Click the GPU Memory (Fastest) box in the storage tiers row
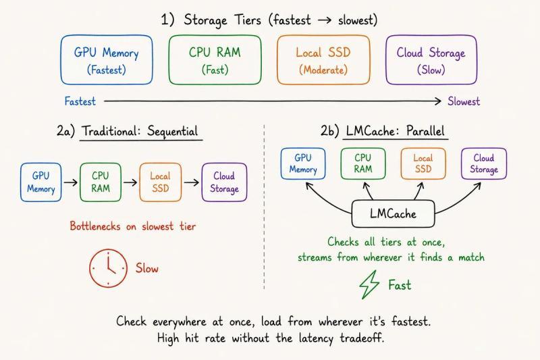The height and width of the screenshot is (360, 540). [107, 60]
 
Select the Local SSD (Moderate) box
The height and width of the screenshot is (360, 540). [323, 60]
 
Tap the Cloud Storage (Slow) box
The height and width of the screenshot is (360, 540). [431, 60]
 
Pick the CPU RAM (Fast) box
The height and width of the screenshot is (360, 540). [215, 60]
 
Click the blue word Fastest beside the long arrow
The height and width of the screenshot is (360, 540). [80, 101]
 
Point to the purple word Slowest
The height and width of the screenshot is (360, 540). [464, 101]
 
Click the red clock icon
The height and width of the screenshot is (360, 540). [108, 268]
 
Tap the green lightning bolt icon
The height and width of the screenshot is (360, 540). [369, 284]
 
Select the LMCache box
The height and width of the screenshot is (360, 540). [393, 213]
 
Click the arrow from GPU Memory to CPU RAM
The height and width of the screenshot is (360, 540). [71, 182]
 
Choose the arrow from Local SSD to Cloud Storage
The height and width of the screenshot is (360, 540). [192, 182]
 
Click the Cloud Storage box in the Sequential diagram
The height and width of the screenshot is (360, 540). [224, 182]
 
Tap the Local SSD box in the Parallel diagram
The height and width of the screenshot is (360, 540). [423, 163]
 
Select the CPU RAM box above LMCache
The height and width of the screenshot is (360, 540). [363, 163]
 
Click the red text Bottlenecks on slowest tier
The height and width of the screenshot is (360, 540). [133, 226]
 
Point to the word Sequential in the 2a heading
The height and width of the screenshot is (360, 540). [173, 131]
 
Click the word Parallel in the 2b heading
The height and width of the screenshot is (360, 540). [425, 131]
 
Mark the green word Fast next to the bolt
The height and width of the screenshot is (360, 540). [400, 285]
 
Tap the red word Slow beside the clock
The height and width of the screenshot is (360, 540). [147, 268]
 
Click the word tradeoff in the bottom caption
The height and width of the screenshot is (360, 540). [362, 338]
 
